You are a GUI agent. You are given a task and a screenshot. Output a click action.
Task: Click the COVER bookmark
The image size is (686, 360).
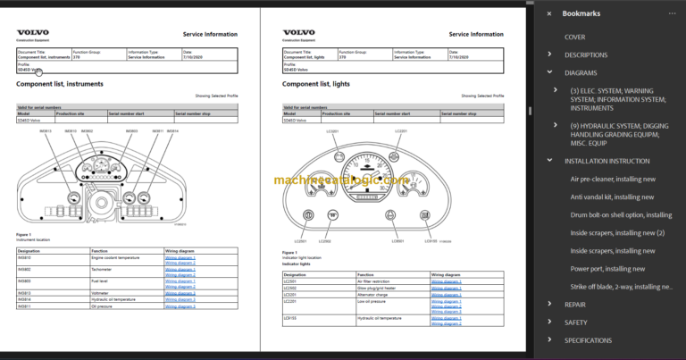click(574, 37)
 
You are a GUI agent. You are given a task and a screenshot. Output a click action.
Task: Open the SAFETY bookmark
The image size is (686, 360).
click(576, 322)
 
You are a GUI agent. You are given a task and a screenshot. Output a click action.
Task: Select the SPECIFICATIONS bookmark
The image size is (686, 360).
click(588, 340)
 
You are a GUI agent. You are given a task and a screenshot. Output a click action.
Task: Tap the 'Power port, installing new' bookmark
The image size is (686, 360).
click(607, 268)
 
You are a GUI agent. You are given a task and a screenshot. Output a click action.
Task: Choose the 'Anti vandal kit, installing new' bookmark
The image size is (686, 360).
click(612, 197)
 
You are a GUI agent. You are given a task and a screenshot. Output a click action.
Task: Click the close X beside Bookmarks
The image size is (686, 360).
click(549, 13)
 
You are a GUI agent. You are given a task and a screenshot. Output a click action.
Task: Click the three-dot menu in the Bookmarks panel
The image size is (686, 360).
click(672, 13)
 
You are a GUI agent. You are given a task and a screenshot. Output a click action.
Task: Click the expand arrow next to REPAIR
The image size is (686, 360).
click(550, 304)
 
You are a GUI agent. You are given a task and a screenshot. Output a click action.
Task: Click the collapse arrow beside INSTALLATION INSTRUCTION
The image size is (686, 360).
click(550, 161)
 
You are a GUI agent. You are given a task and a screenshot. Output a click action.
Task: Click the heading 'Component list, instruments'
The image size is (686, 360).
click(60, 84)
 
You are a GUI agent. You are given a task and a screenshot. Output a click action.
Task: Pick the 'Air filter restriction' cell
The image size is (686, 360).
click(376, 281)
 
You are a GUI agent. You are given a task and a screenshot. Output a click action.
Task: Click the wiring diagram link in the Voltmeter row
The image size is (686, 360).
click(180, 292)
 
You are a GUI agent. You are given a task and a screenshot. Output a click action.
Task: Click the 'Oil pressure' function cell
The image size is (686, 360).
click(102, 306)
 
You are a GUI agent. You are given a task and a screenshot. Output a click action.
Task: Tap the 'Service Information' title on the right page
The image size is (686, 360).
click(475, 35)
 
